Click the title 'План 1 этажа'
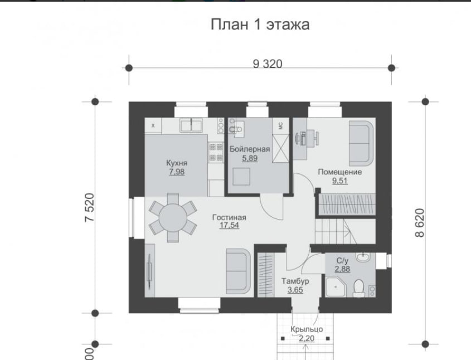260,25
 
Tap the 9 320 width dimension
268,64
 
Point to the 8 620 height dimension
420,223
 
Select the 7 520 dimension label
90,207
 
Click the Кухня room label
177,163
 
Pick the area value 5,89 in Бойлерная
250,158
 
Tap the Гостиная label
229,217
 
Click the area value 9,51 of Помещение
339,181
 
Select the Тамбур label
295,281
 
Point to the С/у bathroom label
342,260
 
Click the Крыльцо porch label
307,329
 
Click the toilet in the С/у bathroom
358,288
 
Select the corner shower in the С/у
336,288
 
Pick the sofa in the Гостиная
239,271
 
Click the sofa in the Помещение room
361,143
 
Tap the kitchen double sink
191,125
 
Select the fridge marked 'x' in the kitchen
153,125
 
